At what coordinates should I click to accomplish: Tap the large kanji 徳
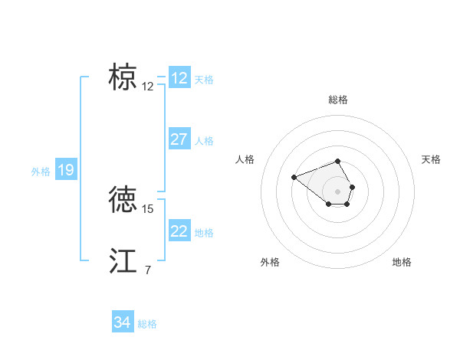click(x=123, y=198)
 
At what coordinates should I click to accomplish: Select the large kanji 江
click(x=123, y=260)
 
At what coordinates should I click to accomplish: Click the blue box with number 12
click(x=179, y=78)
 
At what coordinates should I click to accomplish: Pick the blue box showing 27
click(x=179, y=139)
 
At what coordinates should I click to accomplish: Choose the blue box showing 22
click(x=179, y=231)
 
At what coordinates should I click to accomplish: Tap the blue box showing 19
click(x=66, y=170)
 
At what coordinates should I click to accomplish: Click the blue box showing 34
click(x=123, y=322)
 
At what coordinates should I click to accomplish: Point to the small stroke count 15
click(x=148, y=208)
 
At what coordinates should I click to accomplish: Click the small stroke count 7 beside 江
click(x=147, y=270)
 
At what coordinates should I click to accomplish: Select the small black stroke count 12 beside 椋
click(x=148, y=87)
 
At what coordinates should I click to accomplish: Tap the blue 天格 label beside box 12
click(x=204, y=79)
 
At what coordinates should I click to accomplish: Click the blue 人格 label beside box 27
click(x=204, y=141)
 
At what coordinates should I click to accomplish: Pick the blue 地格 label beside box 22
click(x=204, y=233)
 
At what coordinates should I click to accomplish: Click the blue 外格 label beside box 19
click(x=41, y=172)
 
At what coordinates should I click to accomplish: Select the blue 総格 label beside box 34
click(x=147, y=324)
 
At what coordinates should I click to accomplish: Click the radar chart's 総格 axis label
click(x=338, y=100)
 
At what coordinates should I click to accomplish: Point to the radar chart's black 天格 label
click(x=431, y=159)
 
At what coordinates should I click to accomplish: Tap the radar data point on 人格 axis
click(x=294, y=178)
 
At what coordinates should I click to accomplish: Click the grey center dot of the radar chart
click(x=338, y=191)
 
